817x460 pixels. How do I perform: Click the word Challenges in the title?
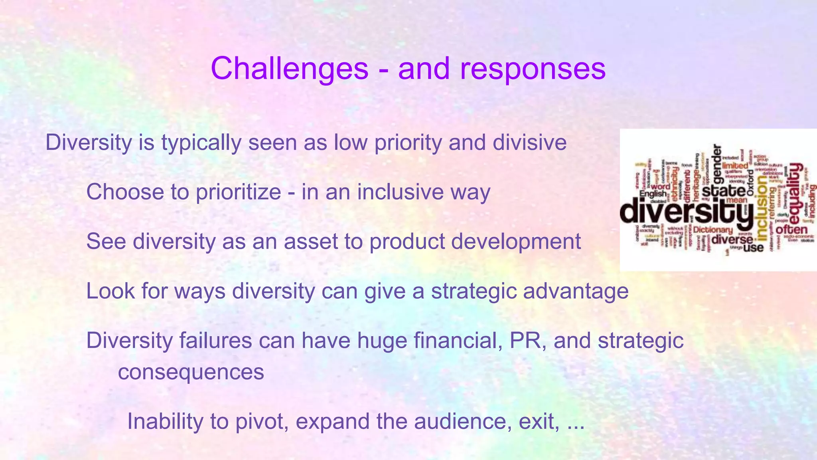[289, 69]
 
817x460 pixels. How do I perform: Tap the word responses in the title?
[533, 69]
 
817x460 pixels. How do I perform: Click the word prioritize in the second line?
[238, 192]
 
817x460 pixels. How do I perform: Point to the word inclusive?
[400, 192]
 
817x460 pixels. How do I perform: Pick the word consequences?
[191, 372]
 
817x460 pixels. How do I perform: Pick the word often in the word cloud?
[791, 230]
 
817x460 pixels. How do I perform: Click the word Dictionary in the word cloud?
[713, 230]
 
